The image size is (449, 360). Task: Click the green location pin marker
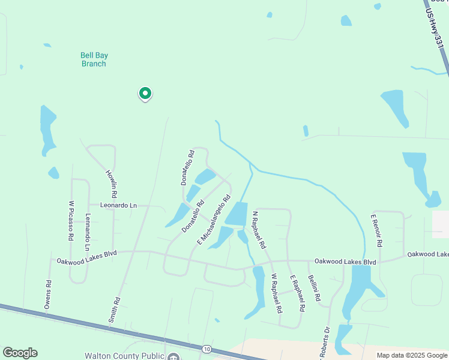tap(145, 94)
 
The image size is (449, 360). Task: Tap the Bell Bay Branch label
tap(94, 59)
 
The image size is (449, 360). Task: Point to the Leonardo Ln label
tap(118, 206)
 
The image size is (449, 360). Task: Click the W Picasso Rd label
tap(71, 221)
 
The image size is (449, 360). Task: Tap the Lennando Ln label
tap(87, 232)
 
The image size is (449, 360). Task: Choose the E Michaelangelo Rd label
tap(214, 220)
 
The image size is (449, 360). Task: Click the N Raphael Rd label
tap(259, 230)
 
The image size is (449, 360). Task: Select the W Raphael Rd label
tap(276, 294)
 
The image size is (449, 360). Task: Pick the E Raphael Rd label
tap(298, 293)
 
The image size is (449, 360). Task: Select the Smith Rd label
tap(114, 310)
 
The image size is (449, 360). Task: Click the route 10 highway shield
tap(206, 349)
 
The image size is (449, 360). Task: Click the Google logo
tap(20, 353)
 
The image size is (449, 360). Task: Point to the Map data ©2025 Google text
tap(412, 355)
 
